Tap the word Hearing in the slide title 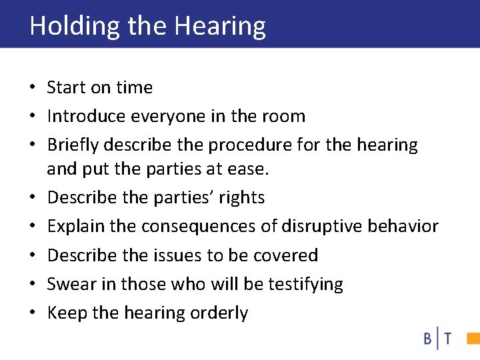tap(220, 26)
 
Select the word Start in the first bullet tap(65, 88)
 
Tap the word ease tap(250, 169)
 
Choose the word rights tap(241, 198)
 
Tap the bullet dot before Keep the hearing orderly tap(33, 313)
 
